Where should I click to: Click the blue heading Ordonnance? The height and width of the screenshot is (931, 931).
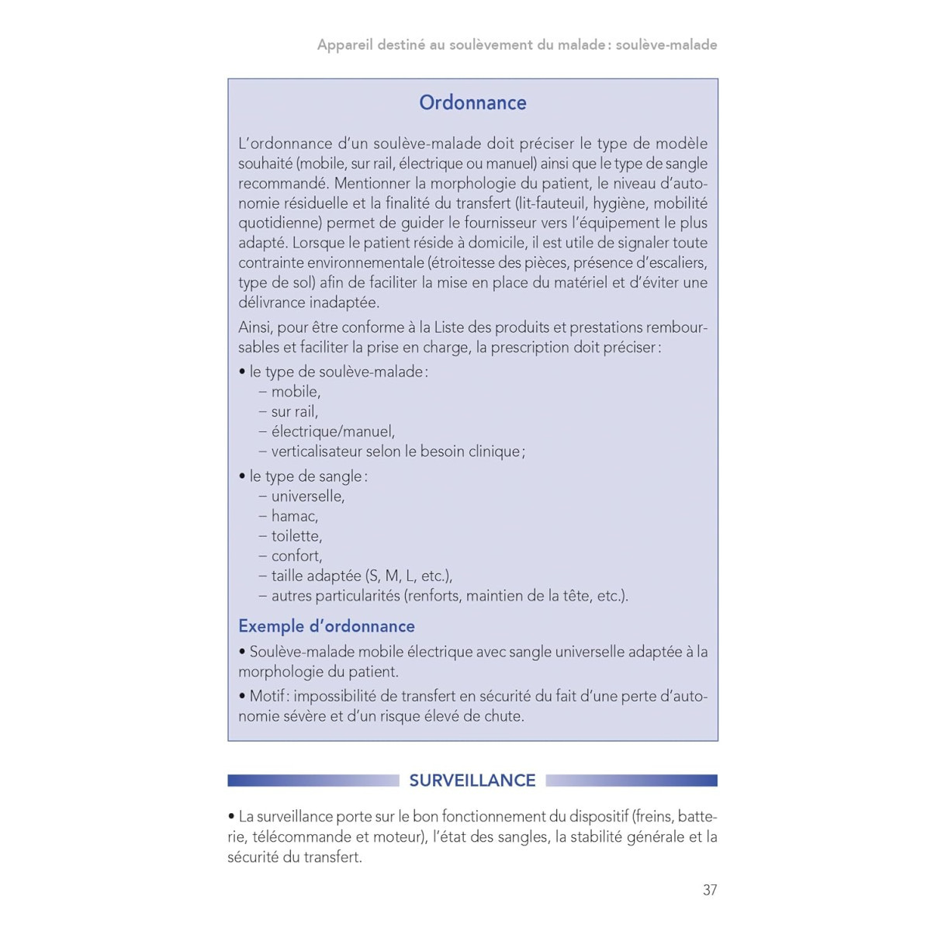point(472,102)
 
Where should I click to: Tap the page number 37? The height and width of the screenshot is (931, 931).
point(710,890)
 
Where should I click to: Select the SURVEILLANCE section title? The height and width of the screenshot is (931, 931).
point(472,780)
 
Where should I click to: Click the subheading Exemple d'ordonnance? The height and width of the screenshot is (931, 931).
point(327,626)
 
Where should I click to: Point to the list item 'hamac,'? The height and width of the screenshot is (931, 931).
point(295,516)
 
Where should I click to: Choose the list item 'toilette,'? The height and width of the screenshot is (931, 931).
point(296,536)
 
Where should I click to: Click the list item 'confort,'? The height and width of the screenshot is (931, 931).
point(296,556)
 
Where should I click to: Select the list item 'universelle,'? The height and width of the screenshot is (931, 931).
point(308,496)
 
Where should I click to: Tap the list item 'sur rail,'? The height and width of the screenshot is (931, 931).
point(295,412)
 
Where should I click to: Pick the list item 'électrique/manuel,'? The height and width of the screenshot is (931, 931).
point(333,431)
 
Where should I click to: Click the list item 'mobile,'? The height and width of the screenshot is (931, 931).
point(296,392)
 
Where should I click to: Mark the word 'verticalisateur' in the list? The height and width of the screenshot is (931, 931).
point(317,452)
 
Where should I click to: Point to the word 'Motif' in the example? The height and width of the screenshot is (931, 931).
point(266,697)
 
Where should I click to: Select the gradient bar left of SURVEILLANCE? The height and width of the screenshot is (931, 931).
point(313,780)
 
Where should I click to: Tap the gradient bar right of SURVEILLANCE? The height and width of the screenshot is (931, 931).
point(632,780)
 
